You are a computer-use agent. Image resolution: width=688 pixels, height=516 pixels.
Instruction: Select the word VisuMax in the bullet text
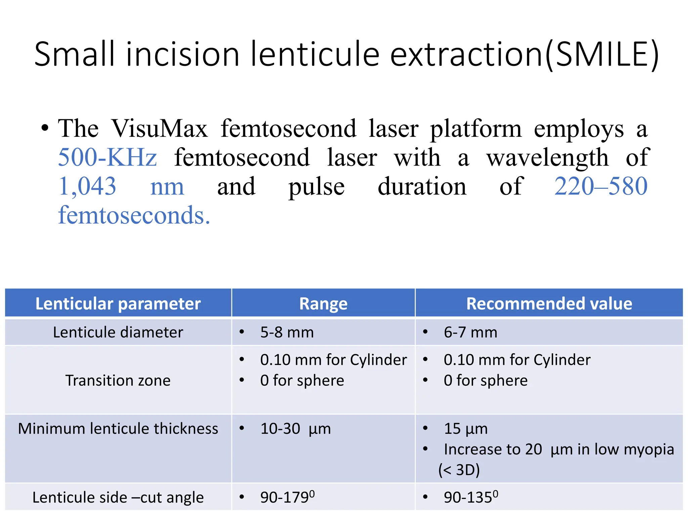[x=160, y=129]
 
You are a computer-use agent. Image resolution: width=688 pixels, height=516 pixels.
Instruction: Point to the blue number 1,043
[x=87, y=186]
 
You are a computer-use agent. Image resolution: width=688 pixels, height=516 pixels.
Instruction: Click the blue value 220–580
[x=601, y=186]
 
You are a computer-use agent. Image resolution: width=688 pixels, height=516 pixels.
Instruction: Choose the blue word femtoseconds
[x=134, y=215]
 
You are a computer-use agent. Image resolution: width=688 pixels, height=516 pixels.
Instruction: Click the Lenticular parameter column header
[x=118, y=304]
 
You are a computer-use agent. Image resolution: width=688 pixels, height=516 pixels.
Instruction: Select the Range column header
[x=323, y=304]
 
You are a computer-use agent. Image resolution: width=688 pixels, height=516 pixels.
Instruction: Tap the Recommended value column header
[x=549, y=304]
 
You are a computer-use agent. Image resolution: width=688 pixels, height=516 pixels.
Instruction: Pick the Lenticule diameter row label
[x=118, y=332]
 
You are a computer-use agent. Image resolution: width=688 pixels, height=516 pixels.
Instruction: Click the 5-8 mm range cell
[x=287, y=332]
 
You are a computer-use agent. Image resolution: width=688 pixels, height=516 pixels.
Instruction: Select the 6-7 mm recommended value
[x=470, y=332]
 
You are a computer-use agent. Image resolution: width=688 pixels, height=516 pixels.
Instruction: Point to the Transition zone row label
[x=118, y=381]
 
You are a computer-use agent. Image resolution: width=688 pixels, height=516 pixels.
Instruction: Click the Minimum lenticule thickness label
[x=118, y=429]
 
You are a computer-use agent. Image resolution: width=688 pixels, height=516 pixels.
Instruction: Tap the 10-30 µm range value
[x=295, y=429]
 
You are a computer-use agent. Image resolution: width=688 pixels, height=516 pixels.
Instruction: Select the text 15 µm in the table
[x=466, y=429]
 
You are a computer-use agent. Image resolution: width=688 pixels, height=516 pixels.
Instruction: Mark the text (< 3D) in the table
[x=459, y=470]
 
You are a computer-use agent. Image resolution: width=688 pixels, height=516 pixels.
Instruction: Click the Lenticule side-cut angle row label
[x=118, y=498]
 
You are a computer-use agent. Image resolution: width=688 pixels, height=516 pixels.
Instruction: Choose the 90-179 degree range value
[x=287, y=498]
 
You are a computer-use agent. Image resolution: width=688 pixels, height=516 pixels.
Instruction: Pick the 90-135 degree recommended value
[x=471, y=498]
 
